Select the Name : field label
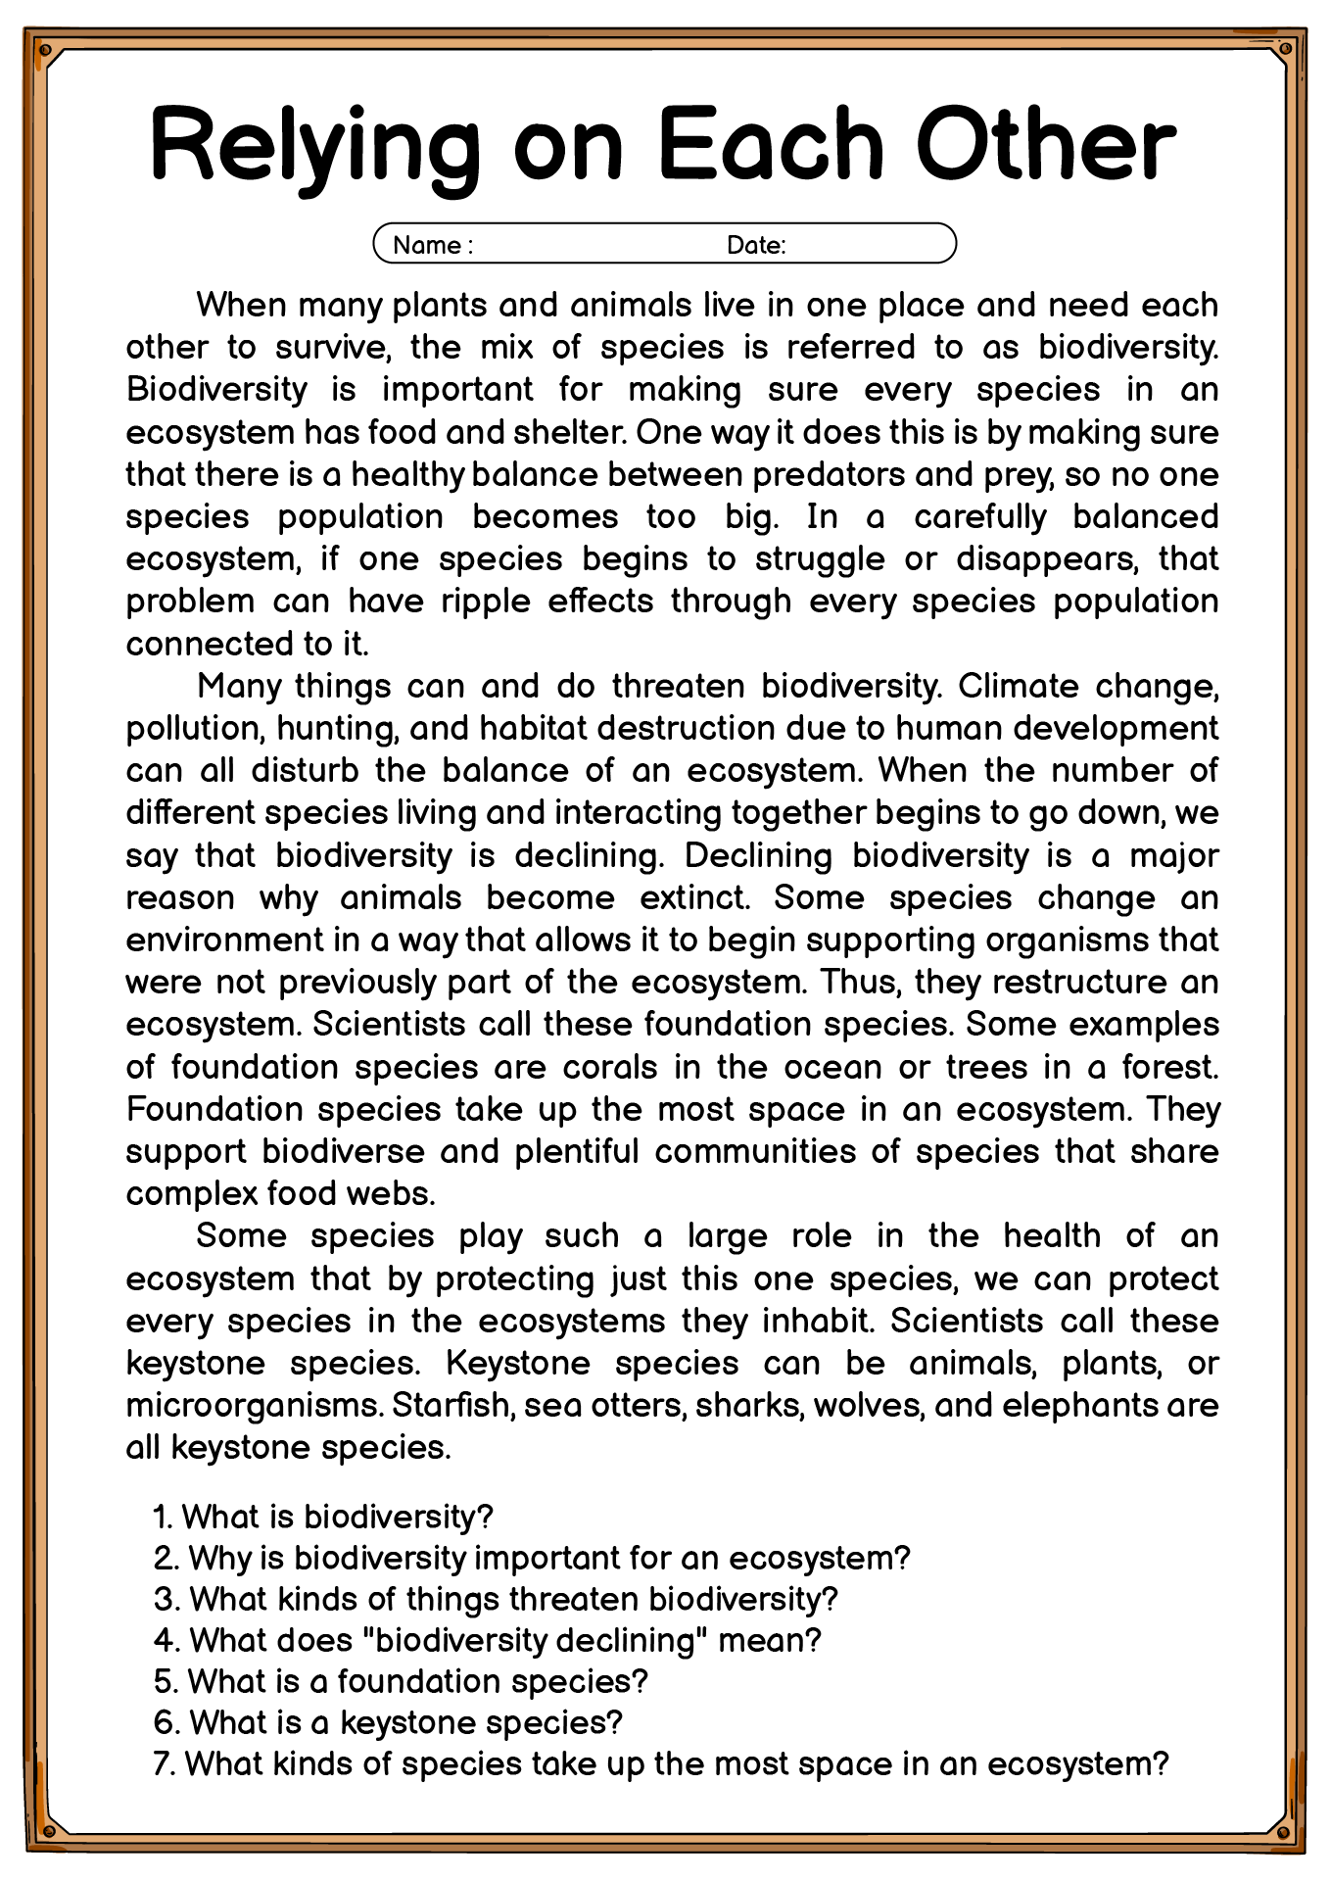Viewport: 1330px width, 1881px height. [x=432, y=245]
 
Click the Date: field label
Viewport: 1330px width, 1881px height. [x=756, y=245]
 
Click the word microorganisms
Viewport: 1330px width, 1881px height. [x=254, y=1406]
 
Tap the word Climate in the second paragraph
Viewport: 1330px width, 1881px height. [x=1018, y=686]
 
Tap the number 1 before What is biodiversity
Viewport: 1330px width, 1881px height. [x=162, y=1518]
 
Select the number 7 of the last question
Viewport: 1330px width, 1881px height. [x=162, y=1764]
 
